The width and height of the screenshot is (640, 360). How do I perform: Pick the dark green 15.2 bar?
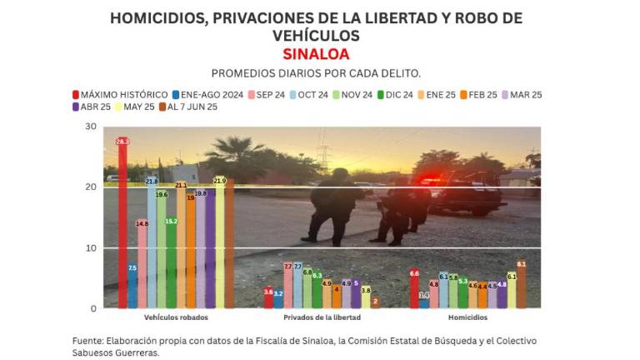172,262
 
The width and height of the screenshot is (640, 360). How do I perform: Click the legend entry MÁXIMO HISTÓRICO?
120,95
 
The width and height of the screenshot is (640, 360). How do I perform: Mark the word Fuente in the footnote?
87,341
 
